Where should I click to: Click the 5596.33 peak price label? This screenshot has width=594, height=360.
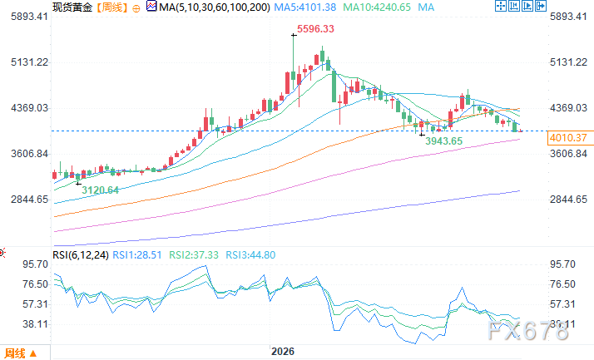point(315,29)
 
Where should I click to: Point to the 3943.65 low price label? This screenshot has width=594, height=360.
point(444,141)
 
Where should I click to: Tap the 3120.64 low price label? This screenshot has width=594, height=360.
point(101,190)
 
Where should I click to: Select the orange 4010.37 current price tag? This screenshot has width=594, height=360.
point(568,138)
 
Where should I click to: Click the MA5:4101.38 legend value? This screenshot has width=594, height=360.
point(305,7)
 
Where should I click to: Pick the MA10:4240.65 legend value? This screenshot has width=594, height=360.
point(377,7)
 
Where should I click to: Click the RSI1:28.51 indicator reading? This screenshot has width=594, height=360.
point(137,255)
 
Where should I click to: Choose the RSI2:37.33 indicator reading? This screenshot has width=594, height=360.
point(194,255)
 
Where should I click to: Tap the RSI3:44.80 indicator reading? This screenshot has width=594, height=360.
point(250,255)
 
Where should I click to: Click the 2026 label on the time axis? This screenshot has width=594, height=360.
point(283,352)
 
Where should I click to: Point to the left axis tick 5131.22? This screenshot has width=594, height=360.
point(30,62)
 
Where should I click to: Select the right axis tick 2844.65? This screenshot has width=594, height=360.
point(568,199)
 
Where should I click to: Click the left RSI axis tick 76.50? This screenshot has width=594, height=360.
point(35,284)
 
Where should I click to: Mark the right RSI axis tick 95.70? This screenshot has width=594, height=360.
point(562,264)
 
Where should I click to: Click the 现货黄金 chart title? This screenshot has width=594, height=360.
point(72,7)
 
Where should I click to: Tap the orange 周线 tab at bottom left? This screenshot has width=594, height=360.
point(21,353)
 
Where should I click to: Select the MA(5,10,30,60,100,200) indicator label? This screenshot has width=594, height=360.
point(215,7)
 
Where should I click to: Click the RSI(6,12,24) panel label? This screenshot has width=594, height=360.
point(81,255)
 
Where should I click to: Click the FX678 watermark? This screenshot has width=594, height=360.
point(527,330)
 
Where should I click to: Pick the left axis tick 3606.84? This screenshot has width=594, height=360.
point(30,154)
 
